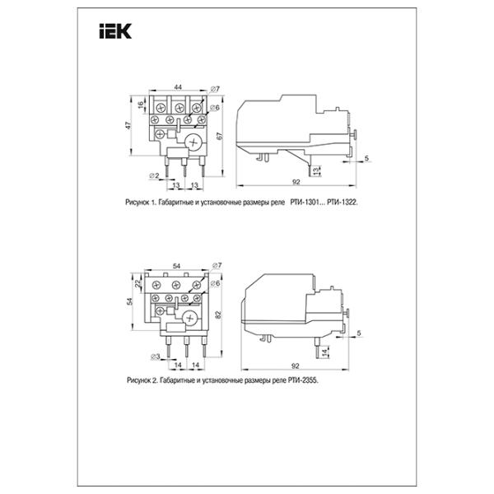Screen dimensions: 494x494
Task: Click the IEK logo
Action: coord(115,31)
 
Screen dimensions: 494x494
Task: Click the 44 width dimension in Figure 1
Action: coord(178,87)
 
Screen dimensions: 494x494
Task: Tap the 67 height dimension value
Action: coord(220,136)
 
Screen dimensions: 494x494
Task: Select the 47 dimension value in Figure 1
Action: coord(128,125)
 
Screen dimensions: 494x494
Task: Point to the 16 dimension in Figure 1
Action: coord(141,104)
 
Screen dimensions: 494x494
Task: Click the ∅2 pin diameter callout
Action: coord(154,176)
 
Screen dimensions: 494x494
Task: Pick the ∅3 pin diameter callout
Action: coord(156,357)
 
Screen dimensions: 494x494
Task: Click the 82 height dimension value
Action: coord(219,315)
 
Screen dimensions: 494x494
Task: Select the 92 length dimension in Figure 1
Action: coord(296,182)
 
